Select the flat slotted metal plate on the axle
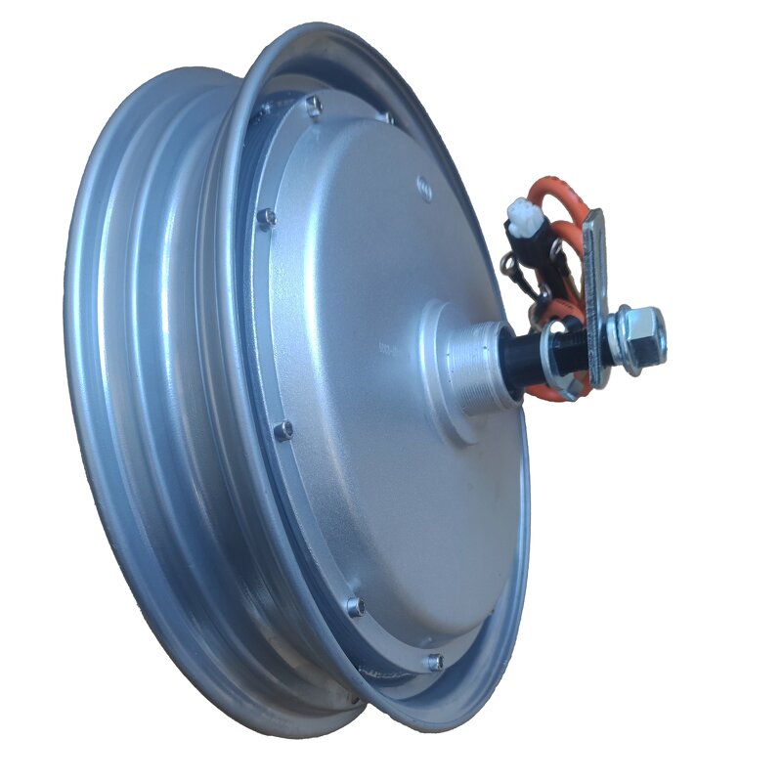[593, 293]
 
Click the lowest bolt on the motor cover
[434, 663]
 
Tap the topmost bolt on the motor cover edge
[313, 105]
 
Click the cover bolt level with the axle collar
[283, 430]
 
